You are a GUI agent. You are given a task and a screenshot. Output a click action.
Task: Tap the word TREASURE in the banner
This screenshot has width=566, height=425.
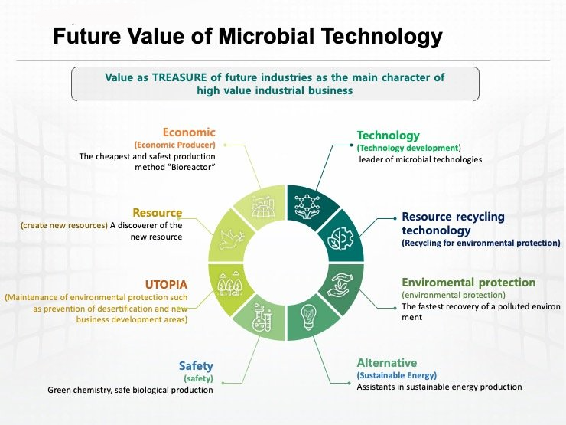pos(180,77)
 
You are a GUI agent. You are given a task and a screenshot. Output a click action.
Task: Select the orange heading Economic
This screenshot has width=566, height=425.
pos(189,132)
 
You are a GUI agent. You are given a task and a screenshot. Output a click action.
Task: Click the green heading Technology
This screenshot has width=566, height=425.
pos(389,136)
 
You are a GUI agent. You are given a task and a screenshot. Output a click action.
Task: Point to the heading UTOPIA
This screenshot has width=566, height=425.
pos(166,285)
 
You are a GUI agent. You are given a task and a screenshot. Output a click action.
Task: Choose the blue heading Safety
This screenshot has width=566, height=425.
pos(196,366)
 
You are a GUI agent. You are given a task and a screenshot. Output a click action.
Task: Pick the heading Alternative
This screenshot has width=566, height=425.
pos(387,362)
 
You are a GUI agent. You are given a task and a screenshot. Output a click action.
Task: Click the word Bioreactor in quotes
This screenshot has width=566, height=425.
pos(192,168)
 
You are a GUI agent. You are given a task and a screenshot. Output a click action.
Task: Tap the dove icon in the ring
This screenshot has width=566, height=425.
pos(231,239)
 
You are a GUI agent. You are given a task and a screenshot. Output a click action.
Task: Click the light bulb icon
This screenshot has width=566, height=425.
pos(308,317)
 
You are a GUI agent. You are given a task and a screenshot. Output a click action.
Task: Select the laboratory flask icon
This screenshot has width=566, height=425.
pos(262,318)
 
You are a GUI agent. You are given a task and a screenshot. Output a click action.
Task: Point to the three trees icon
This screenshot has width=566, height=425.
pos(229,283)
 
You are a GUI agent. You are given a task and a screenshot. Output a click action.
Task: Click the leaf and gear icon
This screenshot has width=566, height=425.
pos(340,238)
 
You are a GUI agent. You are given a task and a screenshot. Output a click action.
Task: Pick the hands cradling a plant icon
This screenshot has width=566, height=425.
pos(340,285)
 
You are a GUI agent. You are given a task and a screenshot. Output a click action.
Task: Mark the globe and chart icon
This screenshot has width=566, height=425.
pos(263,206)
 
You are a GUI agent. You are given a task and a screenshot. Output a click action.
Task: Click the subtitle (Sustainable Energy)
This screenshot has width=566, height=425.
pos(397,375)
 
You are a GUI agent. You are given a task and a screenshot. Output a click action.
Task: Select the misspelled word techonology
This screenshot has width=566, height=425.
pos(436,230)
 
